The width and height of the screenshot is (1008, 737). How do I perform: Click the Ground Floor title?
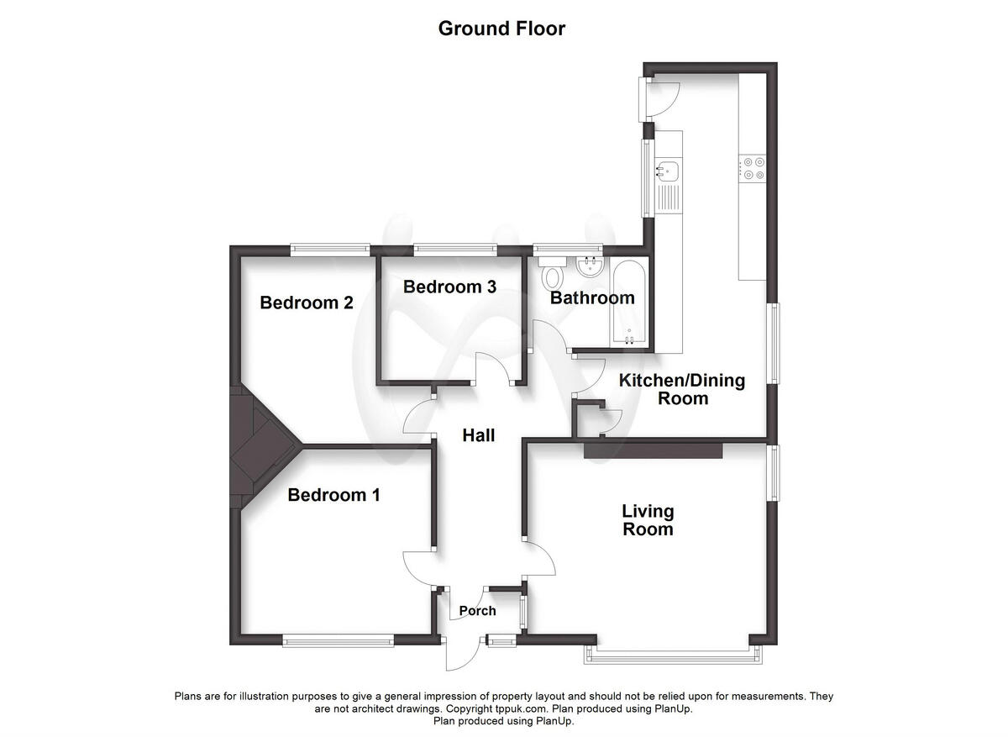tap(501, 29)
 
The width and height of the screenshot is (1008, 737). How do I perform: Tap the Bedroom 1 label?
tap(333, 495)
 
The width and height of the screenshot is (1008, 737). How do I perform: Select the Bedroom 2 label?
tap(306, 303)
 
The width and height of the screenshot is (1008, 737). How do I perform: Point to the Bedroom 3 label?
tap(449, 287)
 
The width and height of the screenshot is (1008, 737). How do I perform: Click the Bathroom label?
tap(592, 297)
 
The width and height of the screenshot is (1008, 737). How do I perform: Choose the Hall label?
tap(478, 435)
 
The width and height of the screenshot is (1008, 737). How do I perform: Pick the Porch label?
tap(476, 611)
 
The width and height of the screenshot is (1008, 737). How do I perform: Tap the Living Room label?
tap(648, 520)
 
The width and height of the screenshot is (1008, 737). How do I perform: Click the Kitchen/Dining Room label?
tap(682, 389)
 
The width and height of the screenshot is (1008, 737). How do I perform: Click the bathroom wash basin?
tap(588, 268)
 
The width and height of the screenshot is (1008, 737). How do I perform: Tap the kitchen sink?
tap(668, 171)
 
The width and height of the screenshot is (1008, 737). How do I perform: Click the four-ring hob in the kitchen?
tap(751, 169)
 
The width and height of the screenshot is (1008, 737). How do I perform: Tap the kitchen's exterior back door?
tap(659, 98)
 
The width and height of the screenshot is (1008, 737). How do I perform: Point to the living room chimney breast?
tap(653, 450)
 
